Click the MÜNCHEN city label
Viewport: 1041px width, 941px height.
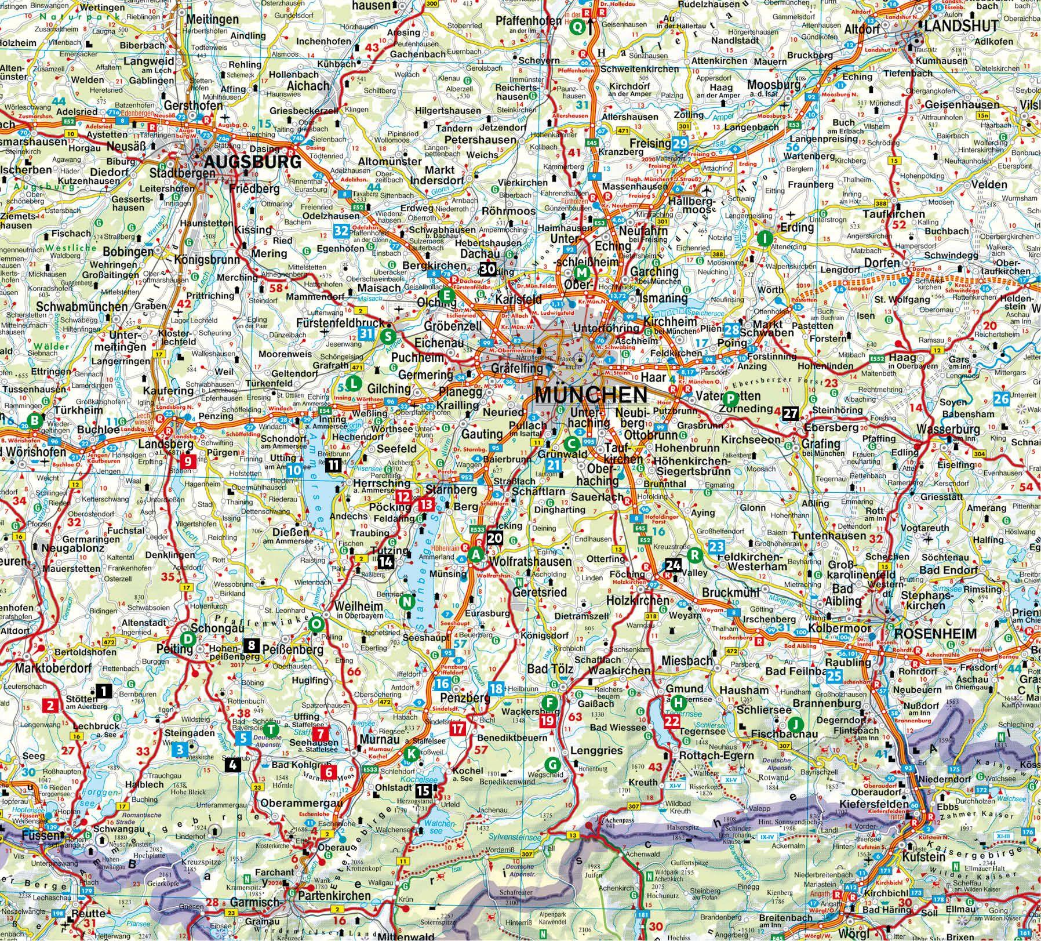pos(591,395)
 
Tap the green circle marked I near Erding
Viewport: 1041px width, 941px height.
pos(765,238)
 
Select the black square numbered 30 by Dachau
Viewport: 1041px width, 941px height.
pos(487,268)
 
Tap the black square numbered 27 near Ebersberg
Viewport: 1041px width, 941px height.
pos(791,413)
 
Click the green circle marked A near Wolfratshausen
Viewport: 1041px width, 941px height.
pos(476,554)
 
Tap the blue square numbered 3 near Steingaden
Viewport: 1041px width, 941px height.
pos(180,750)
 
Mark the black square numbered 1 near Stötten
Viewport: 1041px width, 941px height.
pos(104,690)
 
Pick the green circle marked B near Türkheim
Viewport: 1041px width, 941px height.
pos(35,420)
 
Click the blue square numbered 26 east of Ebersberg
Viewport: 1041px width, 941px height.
pos(1001,398)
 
